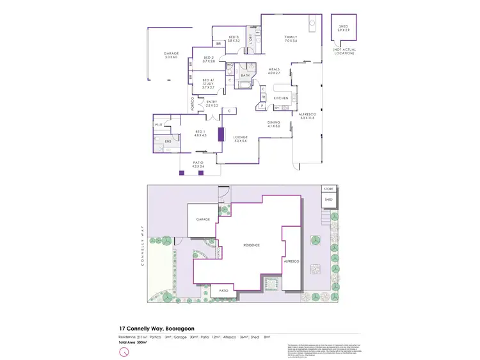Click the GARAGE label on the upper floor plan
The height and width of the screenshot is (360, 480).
170,53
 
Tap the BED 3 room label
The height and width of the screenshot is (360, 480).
233,37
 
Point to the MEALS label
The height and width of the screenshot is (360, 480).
275,71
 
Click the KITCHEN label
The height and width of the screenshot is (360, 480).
282,97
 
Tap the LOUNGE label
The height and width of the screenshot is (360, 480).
240,137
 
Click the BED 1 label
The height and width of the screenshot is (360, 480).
200,132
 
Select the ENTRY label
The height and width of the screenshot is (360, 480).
212,102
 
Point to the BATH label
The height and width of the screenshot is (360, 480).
245,75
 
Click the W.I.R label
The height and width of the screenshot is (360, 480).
158,124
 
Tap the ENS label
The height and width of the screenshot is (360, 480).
168,141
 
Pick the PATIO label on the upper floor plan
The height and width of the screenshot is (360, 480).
198,164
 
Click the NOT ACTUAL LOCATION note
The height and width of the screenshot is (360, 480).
344,51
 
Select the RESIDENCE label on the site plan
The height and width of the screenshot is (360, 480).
250,245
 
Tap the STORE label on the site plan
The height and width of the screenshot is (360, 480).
329,189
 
